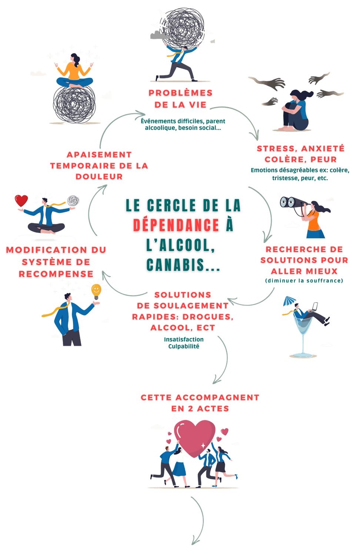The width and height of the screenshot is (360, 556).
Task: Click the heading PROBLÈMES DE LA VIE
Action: click(180, 99)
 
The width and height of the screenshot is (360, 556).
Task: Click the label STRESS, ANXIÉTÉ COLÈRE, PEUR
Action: click(300, 154)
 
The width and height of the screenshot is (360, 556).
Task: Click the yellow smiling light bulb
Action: click(96, 290)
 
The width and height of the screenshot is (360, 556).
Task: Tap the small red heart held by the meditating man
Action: click(21, 201)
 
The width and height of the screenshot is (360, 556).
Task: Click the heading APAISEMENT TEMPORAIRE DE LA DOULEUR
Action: click(99, 165)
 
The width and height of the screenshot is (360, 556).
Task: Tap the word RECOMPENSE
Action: click(56, 274)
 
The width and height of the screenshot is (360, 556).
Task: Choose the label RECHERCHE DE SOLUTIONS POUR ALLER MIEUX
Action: click(304, 260)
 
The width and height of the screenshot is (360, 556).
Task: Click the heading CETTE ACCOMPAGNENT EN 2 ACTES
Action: click(200, 403)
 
